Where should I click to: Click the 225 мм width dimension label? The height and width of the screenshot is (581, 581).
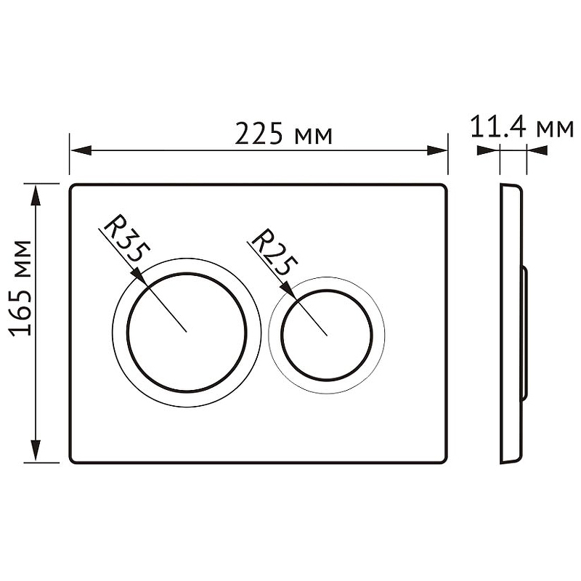(283, 134)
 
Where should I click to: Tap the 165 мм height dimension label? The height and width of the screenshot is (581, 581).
(20, 288)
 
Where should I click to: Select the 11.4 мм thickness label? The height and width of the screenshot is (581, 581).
(521, 127)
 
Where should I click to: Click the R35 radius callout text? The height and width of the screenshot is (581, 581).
(126, 239)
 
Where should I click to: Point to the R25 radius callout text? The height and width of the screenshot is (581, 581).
(275, 252)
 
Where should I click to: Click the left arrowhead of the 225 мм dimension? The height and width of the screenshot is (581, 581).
(81, 150)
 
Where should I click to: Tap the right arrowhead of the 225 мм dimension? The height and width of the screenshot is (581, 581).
(437, 150)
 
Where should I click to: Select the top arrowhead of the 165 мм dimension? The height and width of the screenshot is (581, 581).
(35, 195)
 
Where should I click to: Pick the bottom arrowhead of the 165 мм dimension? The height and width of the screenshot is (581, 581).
(35, 450)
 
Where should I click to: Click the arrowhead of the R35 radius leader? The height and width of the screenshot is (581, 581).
(140, 277)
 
